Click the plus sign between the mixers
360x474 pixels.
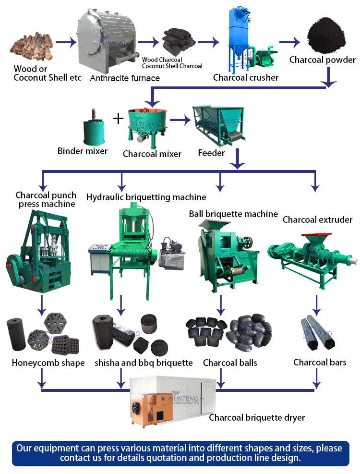pyautogui.click(x=118, y=118)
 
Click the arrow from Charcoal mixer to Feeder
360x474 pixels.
pyautogui.click(x=179, y=120)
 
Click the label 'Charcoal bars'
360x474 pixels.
pyautogui.click(x=320, y=362)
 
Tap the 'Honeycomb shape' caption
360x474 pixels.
pyautogui.click(x=48, y=363)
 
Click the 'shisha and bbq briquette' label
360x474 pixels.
pyautogui.click(x=144, y=363)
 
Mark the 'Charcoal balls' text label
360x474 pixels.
pyautogui.click(x=230, y=363)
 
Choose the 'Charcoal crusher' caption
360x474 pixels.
pyautogui.click(x=246, y=77)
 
